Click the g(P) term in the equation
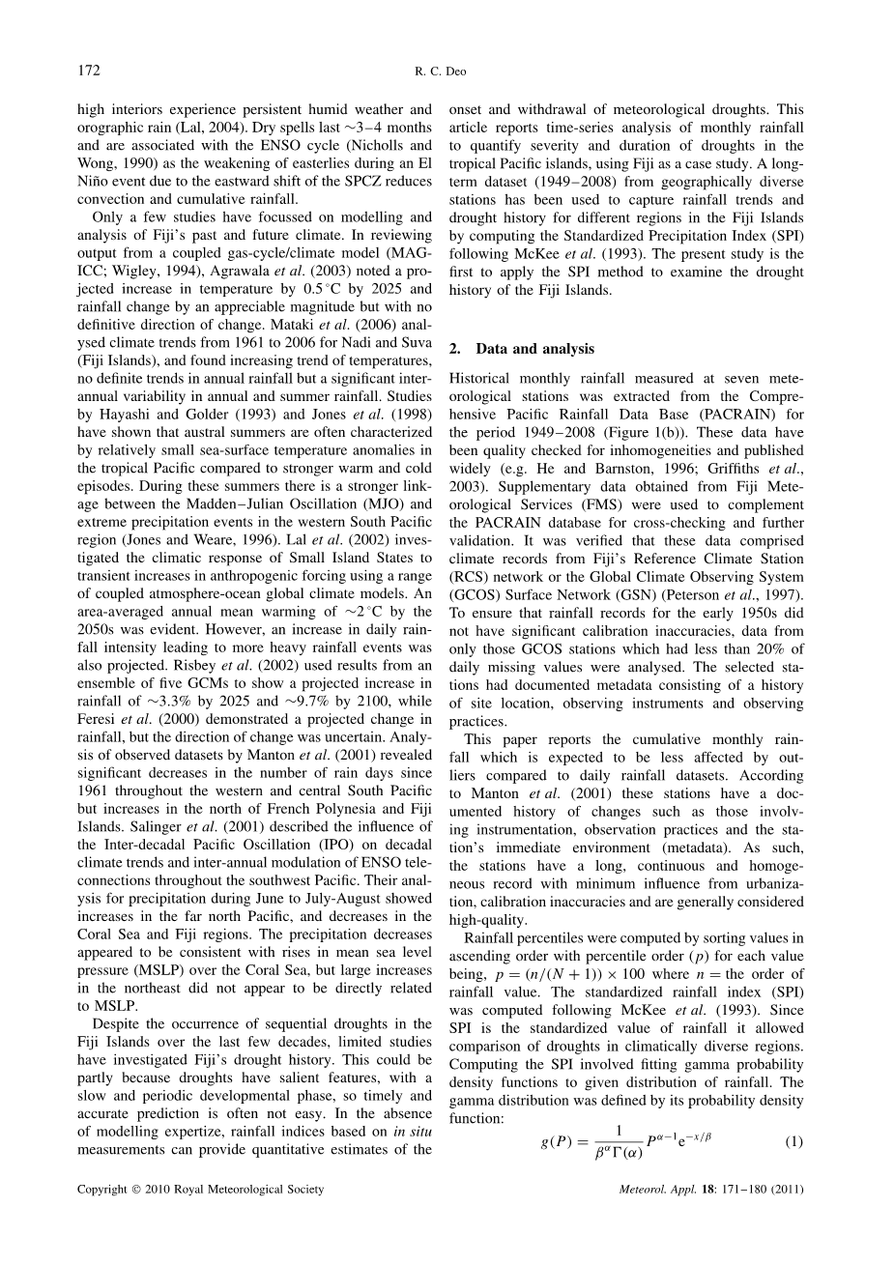[555, 1141]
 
